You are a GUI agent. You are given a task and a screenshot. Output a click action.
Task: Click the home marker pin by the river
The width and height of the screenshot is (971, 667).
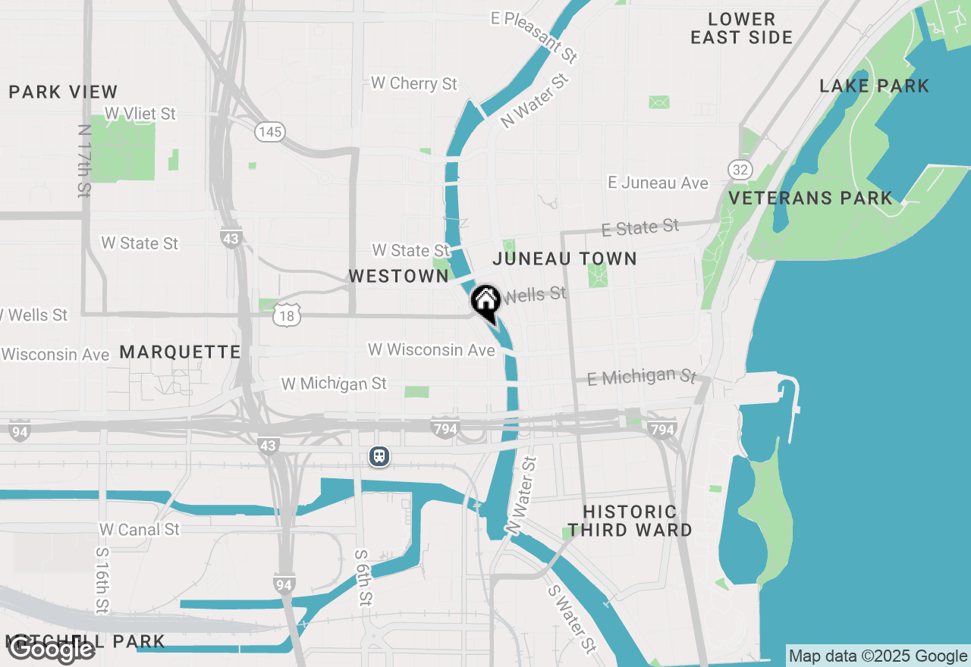pyautogui.click(x=485, y=302)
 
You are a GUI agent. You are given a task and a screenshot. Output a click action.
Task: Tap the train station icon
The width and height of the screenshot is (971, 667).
pyautogui.click(x=379, y=456)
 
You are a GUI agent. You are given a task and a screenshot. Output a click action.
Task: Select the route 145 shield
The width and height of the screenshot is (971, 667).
pyautogui.click(x=269, y=133)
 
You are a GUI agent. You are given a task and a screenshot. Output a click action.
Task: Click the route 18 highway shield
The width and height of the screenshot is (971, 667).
pyautogui.click(x=288, y=316)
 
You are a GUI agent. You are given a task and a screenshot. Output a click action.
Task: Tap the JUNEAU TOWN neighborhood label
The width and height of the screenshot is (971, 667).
pyautogui.click(x=564, y=258)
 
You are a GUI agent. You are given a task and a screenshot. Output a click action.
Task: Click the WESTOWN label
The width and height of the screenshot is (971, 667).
pyautogui.click(x=399, y=277)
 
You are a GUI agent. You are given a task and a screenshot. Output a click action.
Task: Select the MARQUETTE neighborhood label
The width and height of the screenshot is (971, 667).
pyautogui.click(x=180, y=352)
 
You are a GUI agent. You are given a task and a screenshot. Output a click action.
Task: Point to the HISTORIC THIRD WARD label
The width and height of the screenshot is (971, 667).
pyautogui.click(x=630, y=521)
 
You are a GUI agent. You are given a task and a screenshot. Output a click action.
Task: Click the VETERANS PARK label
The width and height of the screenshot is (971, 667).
pyautogui.click(x=810, y=199)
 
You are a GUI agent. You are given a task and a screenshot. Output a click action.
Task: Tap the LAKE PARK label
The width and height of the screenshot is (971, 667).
pyautogui.click(x=874, y=86)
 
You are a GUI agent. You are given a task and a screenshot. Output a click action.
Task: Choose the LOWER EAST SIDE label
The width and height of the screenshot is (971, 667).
pyautogui.click(x=741, y=28)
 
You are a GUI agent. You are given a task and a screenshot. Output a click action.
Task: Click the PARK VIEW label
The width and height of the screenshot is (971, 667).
pyautogui.click(x=64, y=92)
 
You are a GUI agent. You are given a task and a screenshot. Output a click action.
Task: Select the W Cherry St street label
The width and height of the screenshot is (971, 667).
pyautogui.click(x=414, y=83)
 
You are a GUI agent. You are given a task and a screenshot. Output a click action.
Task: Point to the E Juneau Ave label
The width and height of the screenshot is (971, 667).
pyautogui.click(x=658, y=183)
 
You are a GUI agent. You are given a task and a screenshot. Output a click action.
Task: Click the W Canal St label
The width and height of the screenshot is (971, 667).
pyautogui.click(x=140, y=529)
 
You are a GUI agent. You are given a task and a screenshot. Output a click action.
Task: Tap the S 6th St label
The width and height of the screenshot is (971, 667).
pyautogui.click(x=363, y=577)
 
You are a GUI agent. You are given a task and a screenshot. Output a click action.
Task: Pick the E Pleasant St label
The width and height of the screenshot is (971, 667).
pyautogui.click(x=535, y=36)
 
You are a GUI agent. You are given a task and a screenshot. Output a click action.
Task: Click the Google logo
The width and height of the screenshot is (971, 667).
pyautogui.click(x=51, y=650)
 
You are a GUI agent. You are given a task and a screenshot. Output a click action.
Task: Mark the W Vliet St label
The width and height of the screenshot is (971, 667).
pyautogui.click(x=140, y=114)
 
